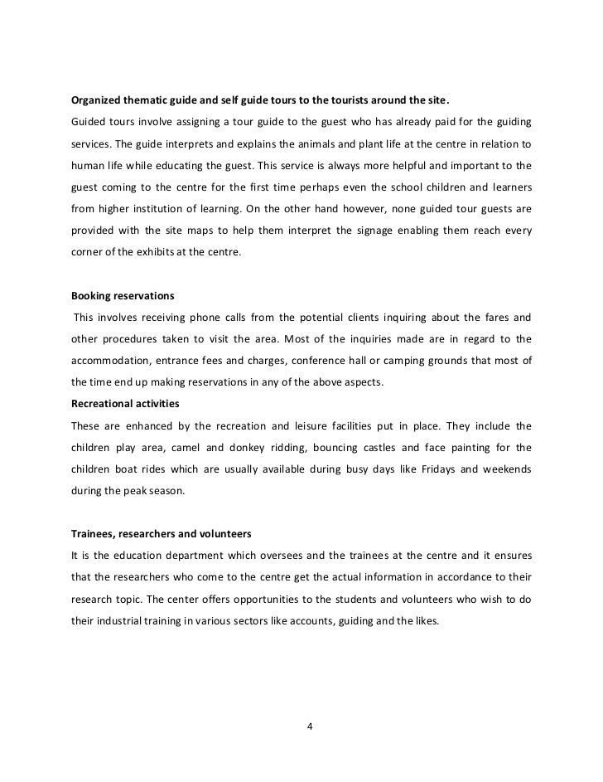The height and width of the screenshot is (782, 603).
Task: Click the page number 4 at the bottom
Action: tap(310, 728)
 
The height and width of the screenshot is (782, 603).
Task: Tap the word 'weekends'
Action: tap(504, 469)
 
